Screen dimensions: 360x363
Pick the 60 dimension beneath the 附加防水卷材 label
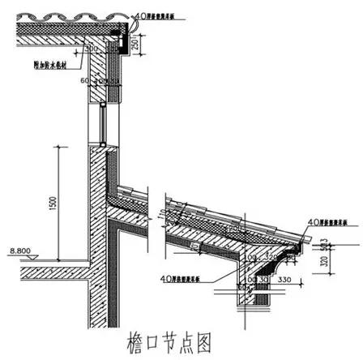tap(83, 79)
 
